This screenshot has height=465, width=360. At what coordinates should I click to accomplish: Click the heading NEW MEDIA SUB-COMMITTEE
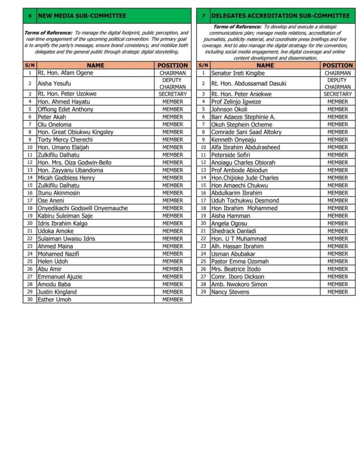(82, 16)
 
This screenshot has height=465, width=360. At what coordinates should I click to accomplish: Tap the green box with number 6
(30, 16)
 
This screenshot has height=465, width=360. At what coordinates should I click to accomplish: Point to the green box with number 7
(203, 16)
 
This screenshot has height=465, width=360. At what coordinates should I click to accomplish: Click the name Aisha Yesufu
(54, 84)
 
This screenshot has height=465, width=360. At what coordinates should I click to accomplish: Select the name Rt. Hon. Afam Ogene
(65, 73)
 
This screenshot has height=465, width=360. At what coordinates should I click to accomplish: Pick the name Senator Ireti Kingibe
(238, 73)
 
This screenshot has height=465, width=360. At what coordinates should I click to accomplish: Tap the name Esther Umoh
(54, 299)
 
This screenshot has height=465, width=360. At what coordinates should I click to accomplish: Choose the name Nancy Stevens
(230, 292)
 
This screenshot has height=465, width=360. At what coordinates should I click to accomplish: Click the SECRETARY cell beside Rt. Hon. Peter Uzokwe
(173, 94)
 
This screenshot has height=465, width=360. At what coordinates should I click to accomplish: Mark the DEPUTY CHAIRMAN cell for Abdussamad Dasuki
(337, 84)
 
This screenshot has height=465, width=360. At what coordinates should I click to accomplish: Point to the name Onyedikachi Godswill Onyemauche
(83, 208)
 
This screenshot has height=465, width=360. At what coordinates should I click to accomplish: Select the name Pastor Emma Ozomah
(240, 261)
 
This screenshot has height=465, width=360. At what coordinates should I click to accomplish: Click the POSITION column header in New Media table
(173, 65)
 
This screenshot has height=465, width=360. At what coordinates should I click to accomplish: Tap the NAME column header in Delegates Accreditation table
(265, 65)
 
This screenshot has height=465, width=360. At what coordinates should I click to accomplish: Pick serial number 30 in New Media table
(30, 299)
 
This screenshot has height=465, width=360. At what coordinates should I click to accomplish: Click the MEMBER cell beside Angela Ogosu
(337, 223)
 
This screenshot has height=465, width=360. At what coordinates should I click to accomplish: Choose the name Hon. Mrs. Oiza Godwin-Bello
(75, 163)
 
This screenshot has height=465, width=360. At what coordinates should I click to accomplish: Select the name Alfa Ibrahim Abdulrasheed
(245, 147)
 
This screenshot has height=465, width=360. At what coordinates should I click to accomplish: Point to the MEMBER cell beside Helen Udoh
(173, 261)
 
